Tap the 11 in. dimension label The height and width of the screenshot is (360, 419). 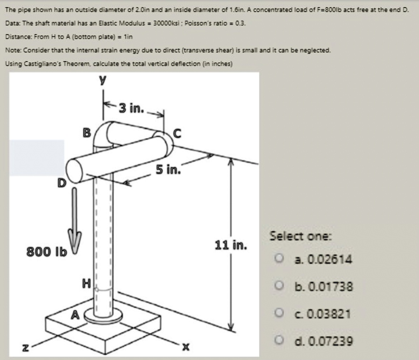231,245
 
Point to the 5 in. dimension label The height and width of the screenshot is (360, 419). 168,169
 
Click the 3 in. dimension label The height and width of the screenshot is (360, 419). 131,107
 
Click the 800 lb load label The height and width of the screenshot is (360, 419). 46,251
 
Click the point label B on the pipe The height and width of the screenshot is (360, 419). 87,132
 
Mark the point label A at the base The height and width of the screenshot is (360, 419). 76,314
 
